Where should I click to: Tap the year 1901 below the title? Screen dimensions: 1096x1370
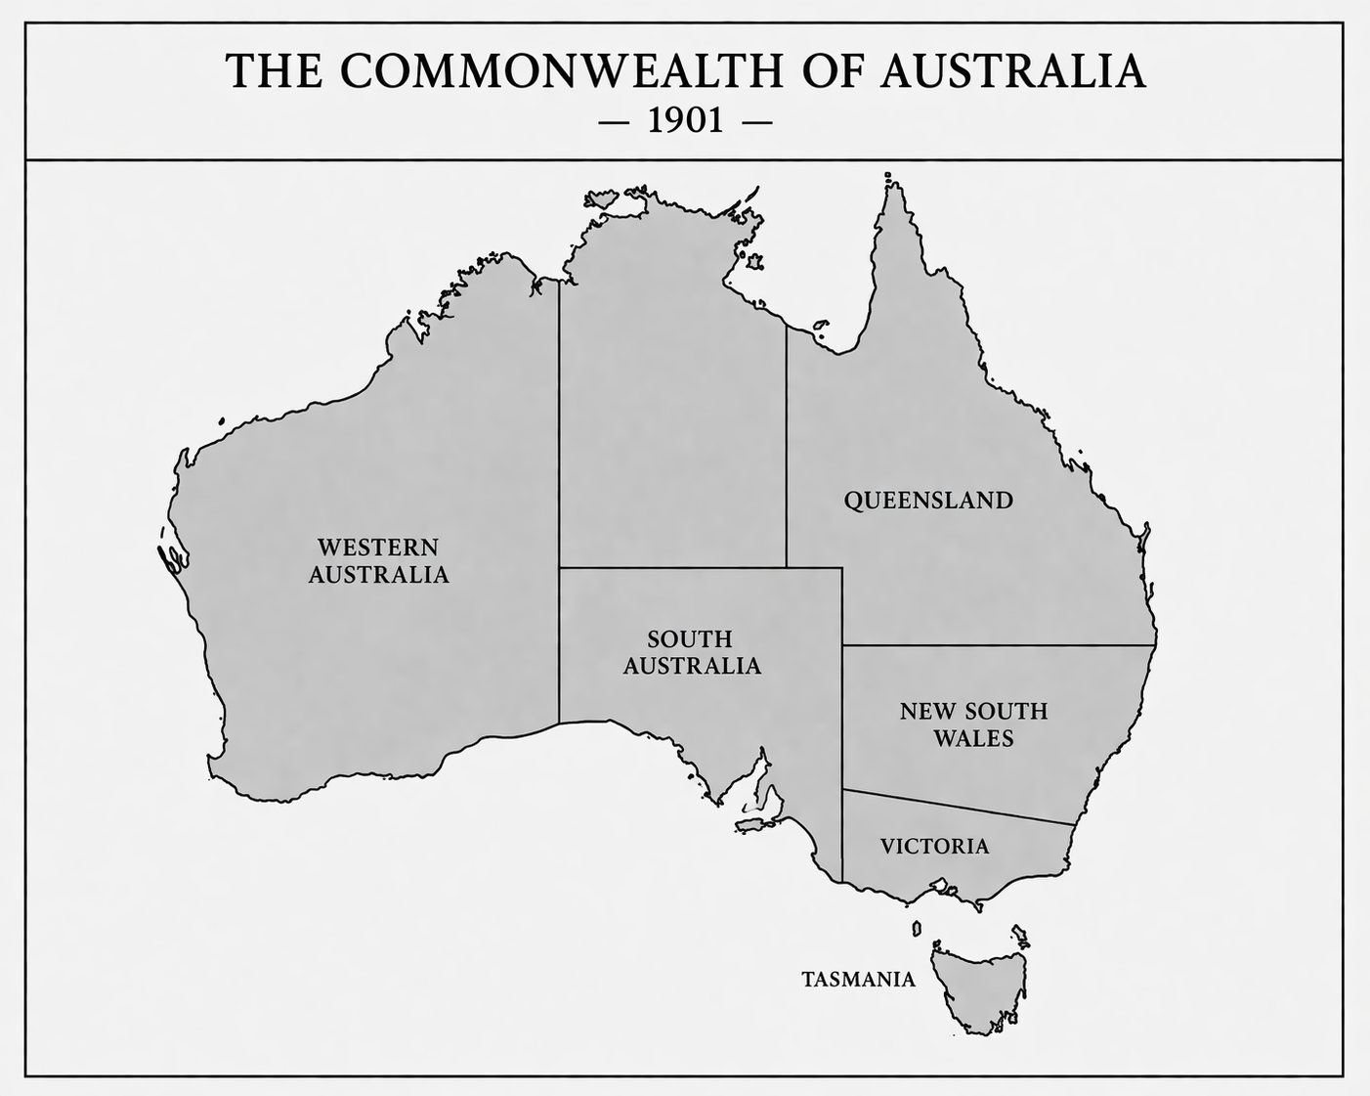coord(685,121)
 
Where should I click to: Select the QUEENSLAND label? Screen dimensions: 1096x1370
coord(928,501)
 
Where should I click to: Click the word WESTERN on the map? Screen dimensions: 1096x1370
coord(378,547)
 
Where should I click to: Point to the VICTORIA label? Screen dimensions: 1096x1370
coord(934,846)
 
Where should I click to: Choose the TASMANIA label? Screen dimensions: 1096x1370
coord(858,979)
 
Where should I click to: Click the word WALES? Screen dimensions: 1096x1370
coord(973,738)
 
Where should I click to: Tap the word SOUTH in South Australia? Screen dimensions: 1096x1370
coord(690,638)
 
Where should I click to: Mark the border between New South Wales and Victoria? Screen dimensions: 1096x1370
coord(958,807)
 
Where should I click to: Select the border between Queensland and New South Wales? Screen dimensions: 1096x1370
coord(997,645)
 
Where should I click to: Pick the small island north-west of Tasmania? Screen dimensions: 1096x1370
coord(917,928)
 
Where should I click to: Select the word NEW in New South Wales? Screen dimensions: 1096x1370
coord(924,711)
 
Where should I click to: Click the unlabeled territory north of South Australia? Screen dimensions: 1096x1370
coord(672,411)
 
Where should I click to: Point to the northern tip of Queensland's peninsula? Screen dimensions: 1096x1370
coord(891,182)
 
